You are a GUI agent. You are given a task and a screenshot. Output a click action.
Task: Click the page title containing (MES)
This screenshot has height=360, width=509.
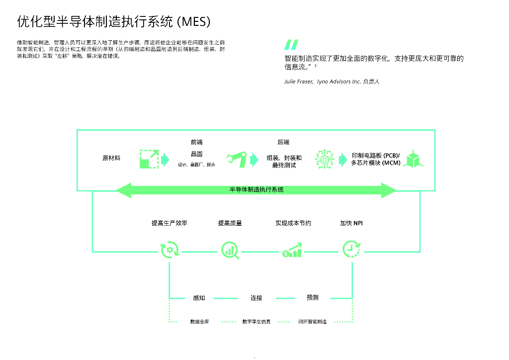click(x=114, y=21)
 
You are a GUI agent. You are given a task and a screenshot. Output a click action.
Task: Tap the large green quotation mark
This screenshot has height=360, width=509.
click(x=291, y=45)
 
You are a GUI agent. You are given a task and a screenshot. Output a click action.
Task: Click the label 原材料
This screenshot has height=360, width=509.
click(x=111, y=159)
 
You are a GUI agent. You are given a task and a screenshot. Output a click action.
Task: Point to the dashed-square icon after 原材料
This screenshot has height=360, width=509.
click(x=149, y=159)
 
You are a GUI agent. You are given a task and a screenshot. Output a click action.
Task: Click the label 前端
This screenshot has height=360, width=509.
click(x=196, y=142)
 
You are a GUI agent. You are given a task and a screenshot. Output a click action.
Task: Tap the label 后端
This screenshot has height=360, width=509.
click(x=283, y=142)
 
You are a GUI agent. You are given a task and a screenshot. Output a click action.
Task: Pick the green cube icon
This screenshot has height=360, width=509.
click(x=413, y=159)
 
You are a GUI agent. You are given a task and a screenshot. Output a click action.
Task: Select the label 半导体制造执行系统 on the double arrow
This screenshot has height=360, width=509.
click(x=256, y=190)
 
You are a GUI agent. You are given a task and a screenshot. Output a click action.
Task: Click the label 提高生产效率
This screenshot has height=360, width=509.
click(x=170, y=223)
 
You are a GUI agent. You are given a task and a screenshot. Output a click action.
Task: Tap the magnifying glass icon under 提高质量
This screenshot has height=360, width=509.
click(x=230, y=250)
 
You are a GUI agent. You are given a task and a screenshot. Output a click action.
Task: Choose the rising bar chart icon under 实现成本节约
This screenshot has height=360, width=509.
click(x=292, y=250)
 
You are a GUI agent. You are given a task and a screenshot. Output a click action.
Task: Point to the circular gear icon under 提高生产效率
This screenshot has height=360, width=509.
click(x=170, y=250)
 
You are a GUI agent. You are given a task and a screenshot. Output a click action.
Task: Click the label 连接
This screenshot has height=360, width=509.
click(x=256, y=298)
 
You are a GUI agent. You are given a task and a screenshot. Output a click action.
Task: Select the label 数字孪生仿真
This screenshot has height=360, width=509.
click(x=256, y=322)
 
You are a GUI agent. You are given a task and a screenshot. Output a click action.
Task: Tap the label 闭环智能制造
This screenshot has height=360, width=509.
click(x=313, y=322)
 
